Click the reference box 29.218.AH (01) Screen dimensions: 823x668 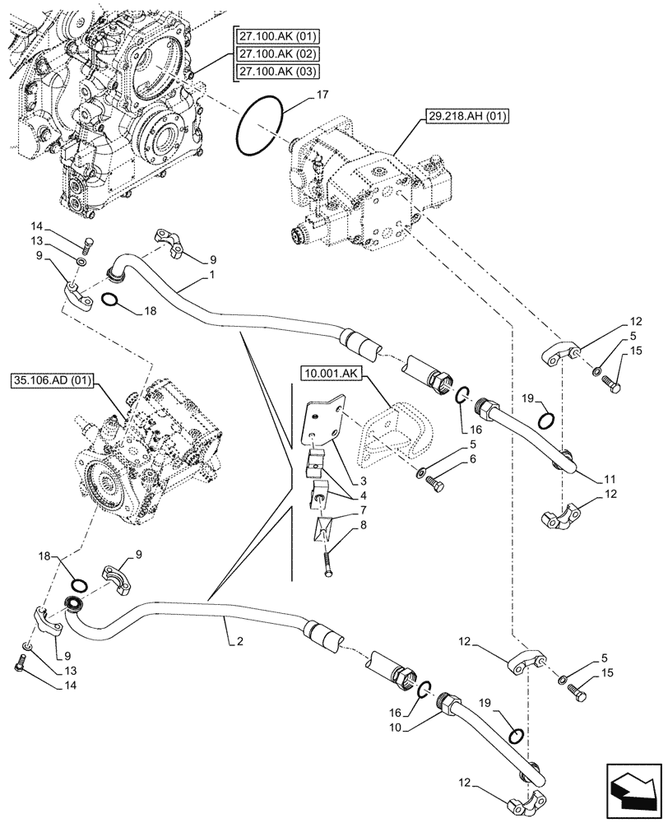(469, 116)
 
